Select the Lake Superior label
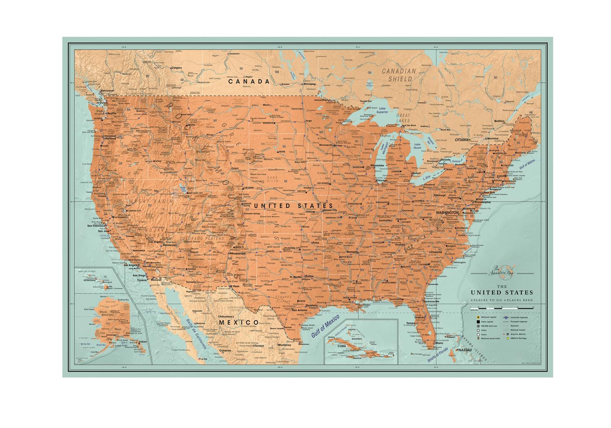point(382,110)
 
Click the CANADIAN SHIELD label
point(398,75)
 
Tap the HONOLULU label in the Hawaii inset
point(90,280)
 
